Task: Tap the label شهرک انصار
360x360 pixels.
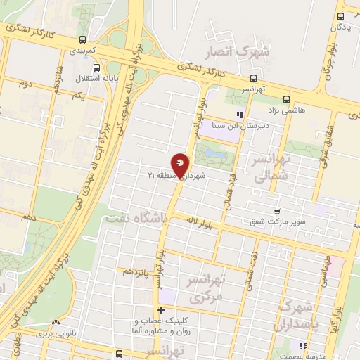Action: pos(236,52)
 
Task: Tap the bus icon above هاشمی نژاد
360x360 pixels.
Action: pos(285,99)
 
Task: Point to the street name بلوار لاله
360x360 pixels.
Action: pos(200,224)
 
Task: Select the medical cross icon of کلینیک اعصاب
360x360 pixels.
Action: pos(162,310)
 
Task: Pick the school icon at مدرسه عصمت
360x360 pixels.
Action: pos(304,346)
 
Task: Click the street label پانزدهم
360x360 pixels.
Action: pos(136,271)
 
